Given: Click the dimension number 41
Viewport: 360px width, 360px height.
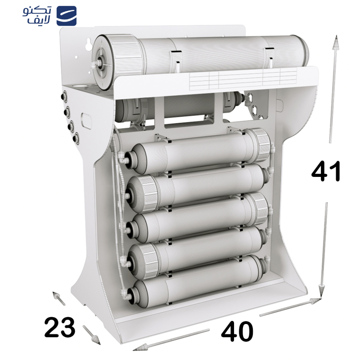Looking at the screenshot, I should pos(326,171).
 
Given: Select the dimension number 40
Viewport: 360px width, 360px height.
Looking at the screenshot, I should pos(237,332).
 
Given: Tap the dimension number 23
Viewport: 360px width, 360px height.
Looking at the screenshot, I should pos(60,327).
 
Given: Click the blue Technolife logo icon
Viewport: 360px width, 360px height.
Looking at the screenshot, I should pos(67,16).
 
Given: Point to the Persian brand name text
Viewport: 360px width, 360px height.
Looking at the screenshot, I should pos(37,16).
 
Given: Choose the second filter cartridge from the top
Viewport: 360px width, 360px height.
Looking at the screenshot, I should pos(198,184).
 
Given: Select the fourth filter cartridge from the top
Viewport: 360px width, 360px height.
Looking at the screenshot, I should pos(198,247).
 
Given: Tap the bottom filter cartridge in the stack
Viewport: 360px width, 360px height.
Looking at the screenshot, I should pos(198,279).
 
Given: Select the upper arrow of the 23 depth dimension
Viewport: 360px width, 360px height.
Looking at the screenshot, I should pos(56,295).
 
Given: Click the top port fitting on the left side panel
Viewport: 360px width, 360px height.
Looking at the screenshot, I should pos(64,95).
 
